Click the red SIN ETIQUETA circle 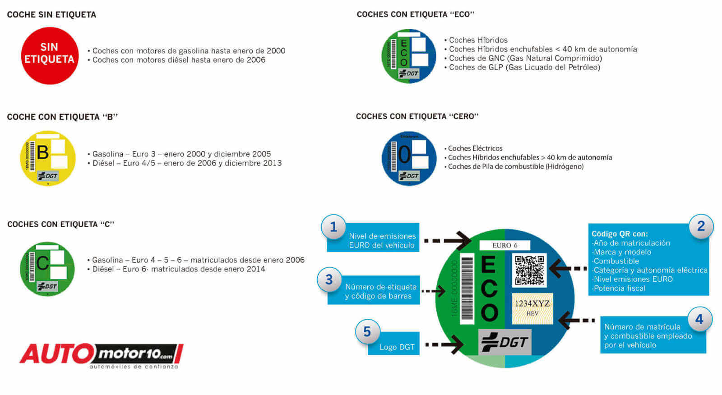point(50,56)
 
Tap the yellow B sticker point(48,158)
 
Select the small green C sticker point(47,269)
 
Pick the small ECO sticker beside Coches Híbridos point(409,56)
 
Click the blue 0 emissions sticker point(409,158)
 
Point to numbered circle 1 point(333,227)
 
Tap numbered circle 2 point(701,226)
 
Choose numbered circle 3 point(329,280)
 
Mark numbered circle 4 point(699,319)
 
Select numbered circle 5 point(367,332)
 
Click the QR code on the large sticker point(529,270)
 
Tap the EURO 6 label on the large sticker point(505,245)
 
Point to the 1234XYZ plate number point(532,303)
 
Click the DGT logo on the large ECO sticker point(504,342)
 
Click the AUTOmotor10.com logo point(101,355)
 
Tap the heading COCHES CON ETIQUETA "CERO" point(417,116)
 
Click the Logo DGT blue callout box point(393,344)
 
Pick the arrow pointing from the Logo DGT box point(444,345)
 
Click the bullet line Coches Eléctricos point(475,148)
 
